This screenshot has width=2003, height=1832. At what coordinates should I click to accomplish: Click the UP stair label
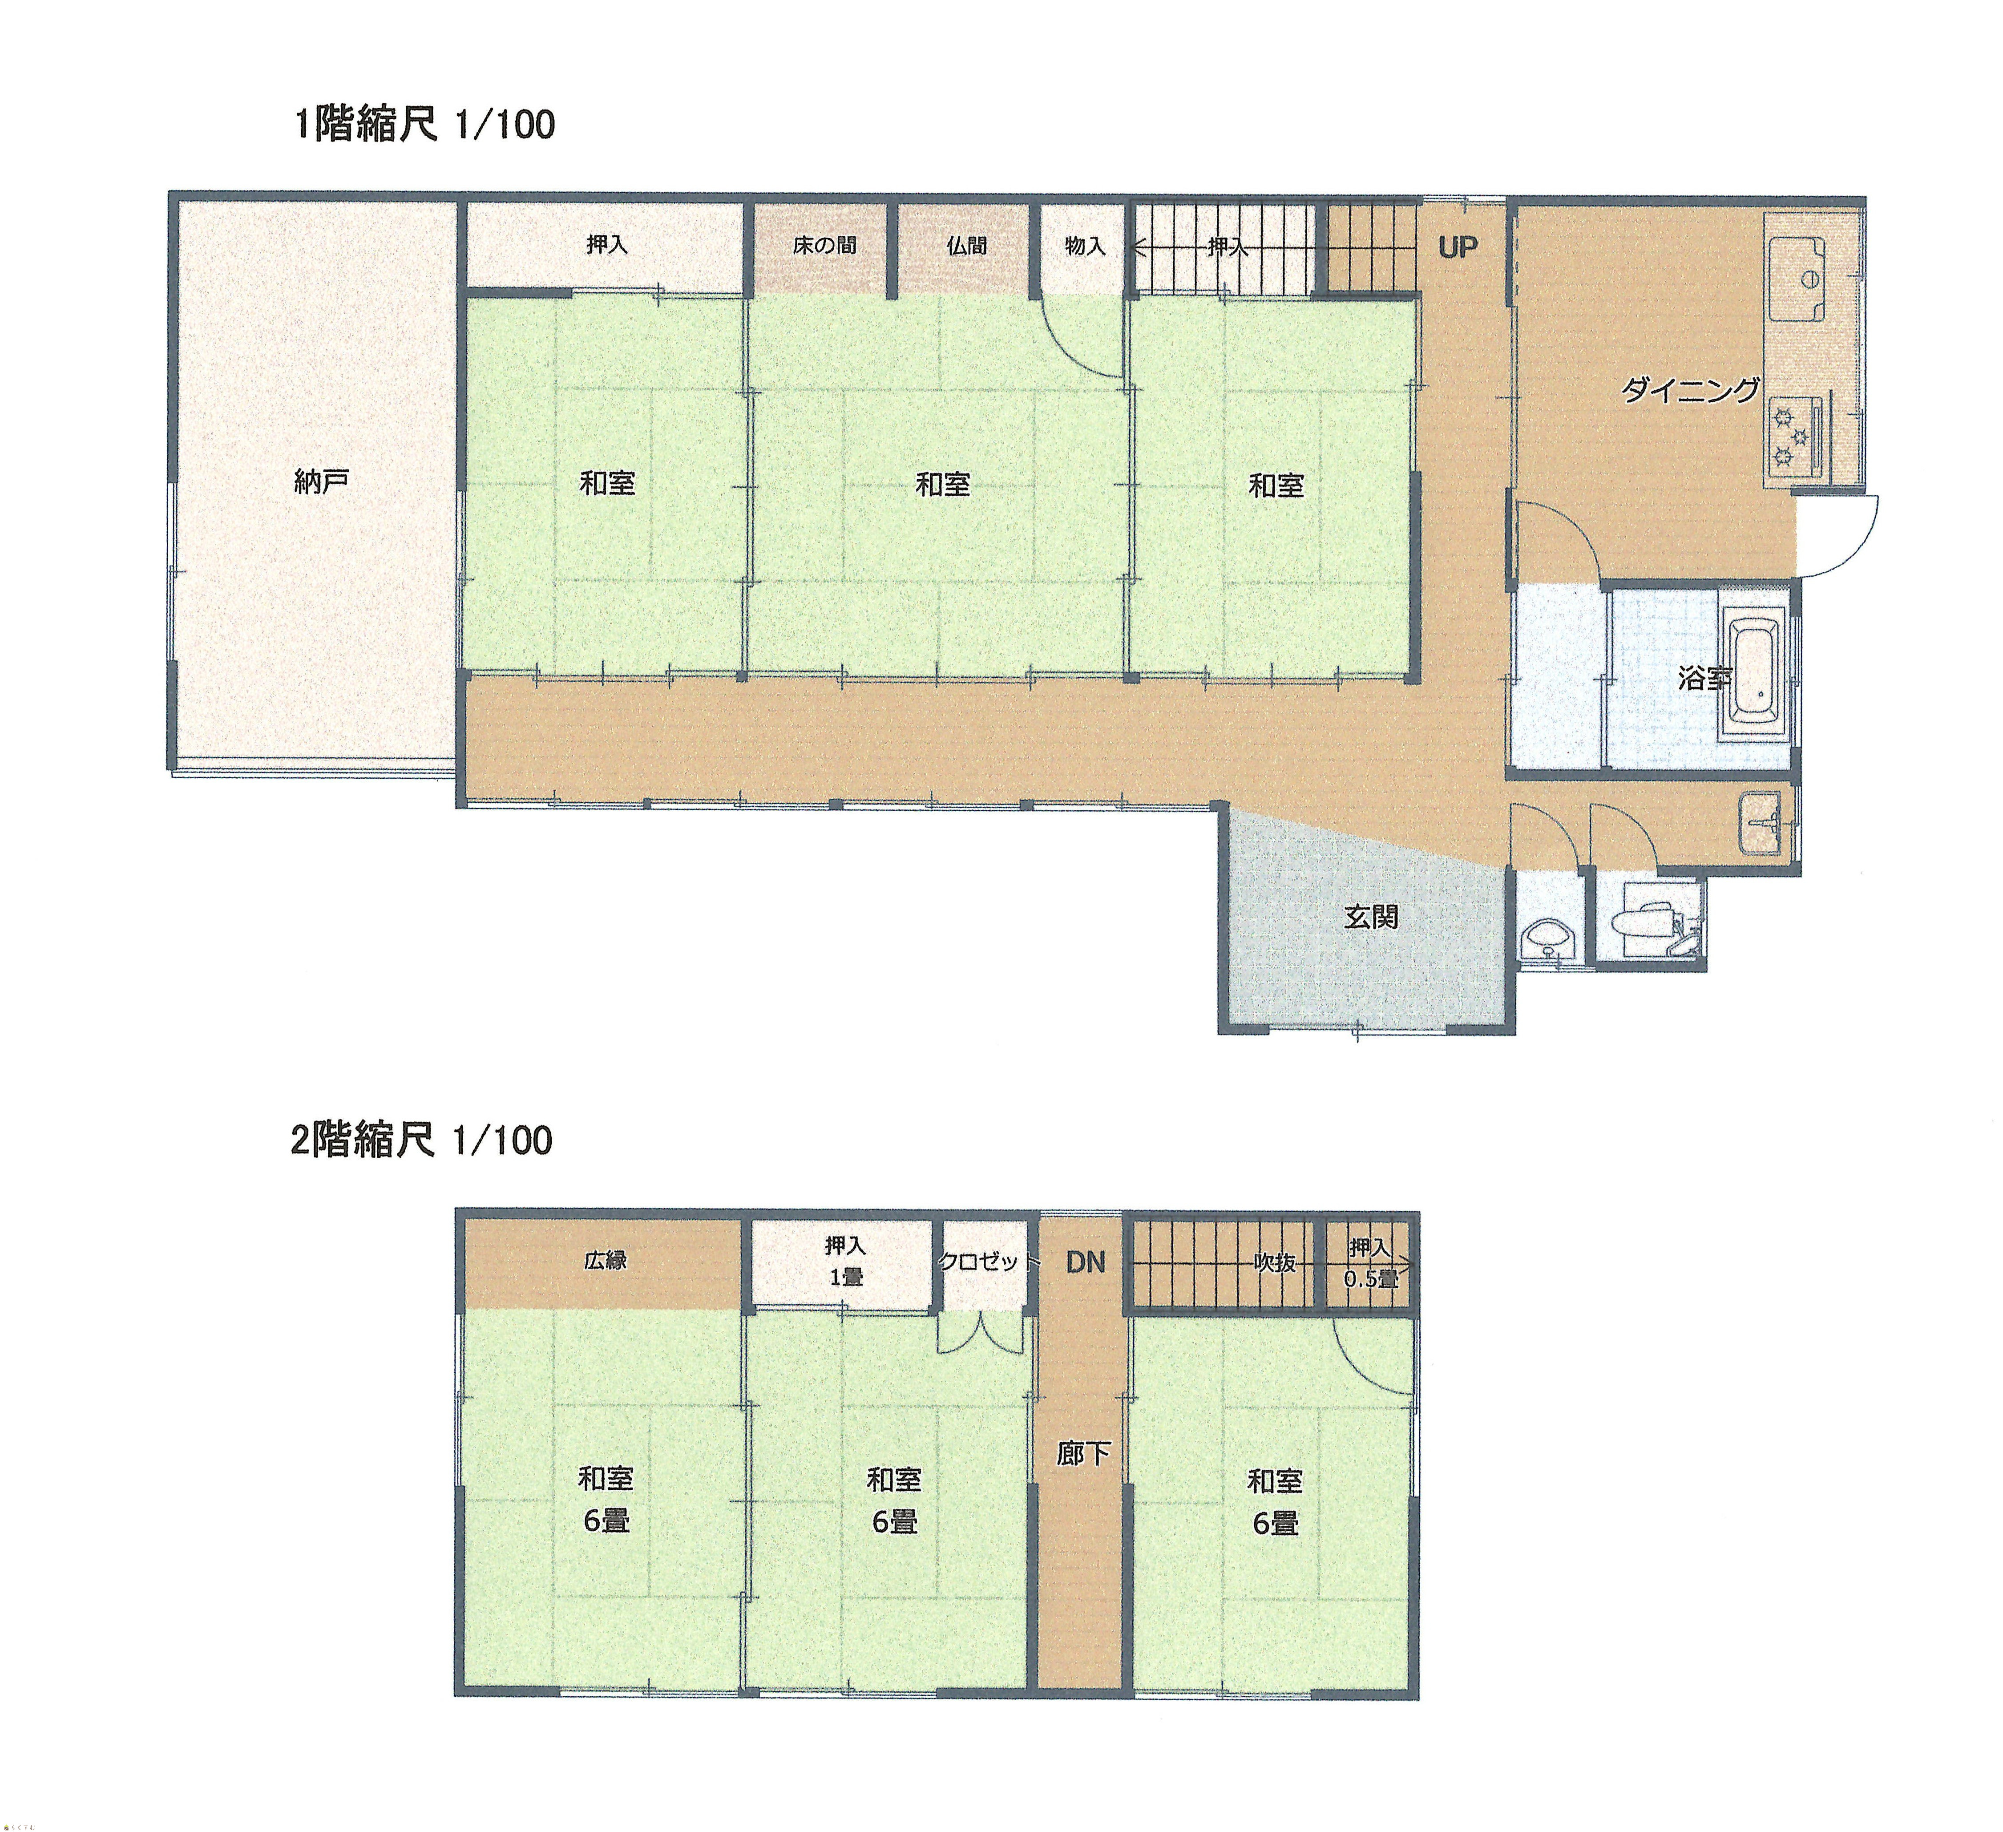(1458, 247)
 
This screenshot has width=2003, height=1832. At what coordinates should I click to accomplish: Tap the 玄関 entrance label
(1371, 917)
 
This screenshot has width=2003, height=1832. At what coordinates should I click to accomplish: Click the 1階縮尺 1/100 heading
(424, 125)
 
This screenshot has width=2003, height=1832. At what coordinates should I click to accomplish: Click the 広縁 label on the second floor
(605, 1261)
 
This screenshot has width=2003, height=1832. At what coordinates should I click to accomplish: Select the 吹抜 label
(1274, 1263)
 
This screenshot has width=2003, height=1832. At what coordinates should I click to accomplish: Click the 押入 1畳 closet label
(845, 1261)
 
